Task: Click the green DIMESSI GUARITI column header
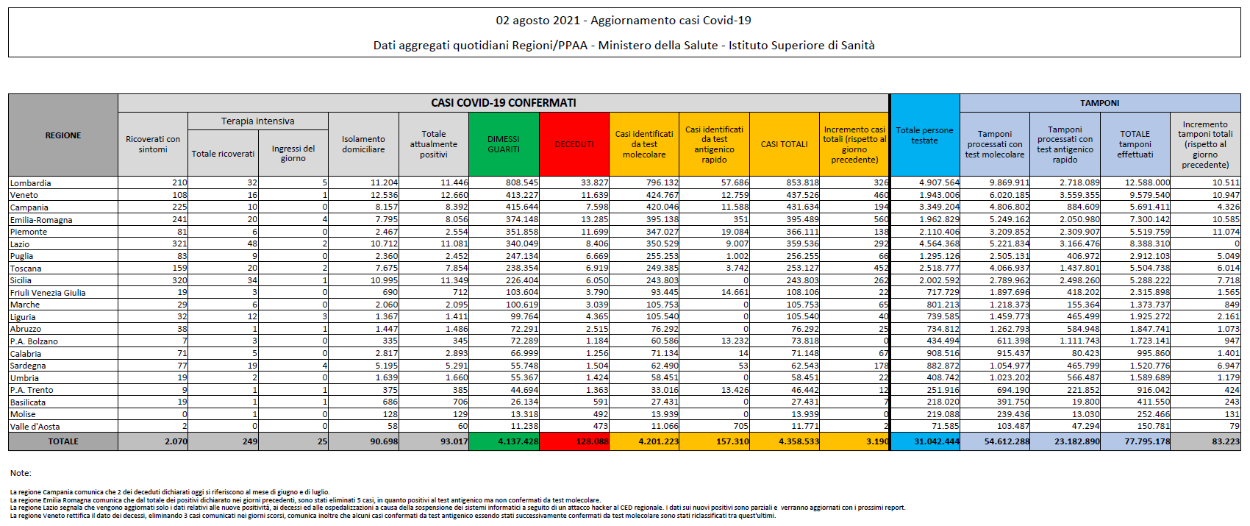(x=503, y=144)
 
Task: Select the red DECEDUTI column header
(x=574, y=144)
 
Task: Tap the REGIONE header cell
(x=63, y=135)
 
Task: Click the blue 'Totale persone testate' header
(x=924, y=135)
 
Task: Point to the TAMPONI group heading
(x=1099, y=103)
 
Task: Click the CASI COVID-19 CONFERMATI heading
(x=503, y=103)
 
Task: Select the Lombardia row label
(x=31, y=183)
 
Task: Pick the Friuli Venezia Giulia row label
(x=48, y=293)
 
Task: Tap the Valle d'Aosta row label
(x=35, y=427)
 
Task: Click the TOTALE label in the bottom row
(x=63, y=441)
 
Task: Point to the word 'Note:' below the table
(x=21, y=473)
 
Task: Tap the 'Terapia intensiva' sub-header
(x=257, y=121)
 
